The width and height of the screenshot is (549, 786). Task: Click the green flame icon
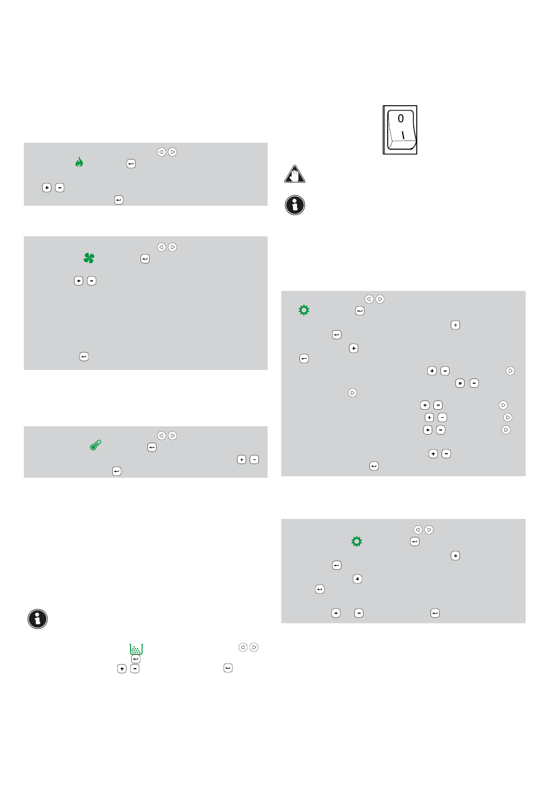click(79, 162)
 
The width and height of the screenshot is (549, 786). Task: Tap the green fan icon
click(89, 258)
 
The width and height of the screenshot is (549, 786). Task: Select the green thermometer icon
click(95, 445)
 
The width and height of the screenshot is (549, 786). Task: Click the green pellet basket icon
click(136, 649)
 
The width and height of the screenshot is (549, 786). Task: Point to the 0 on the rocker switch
click(400, 118)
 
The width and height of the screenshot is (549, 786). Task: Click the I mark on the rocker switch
click(403, 135)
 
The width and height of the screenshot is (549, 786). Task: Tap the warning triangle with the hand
click(294, 174)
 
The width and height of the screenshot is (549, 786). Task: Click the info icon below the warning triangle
click(295, 205)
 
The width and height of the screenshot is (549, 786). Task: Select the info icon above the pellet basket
click(38, 618)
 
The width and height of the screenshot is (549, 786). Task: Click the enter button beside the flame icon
click(131, 164)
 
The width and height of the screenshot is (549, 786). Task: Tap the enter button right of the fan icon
click(145, 258)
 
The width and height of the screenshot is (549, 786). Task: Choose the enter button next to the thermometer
click(151, 447)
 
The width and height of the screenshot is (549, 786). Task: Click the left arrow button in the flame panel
click(161, 151)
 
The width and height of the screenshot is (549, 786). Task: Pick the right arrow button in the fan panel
click(172, 247)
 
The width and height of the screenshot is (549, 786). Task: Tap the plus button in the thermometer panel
click(242, 459)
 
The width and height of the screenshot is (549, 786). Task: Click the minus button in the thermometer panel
click(254, 459)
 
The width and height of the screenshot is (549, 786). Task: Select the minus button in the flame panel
click(60, 187)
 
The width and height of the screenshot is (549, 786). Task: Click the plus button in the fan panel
click(78, 281)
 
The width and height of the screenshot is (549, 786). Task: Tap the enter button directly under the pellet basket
click(135, 659)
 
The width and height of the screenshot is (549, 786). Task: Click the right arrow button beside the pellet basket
click(254, 647)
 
